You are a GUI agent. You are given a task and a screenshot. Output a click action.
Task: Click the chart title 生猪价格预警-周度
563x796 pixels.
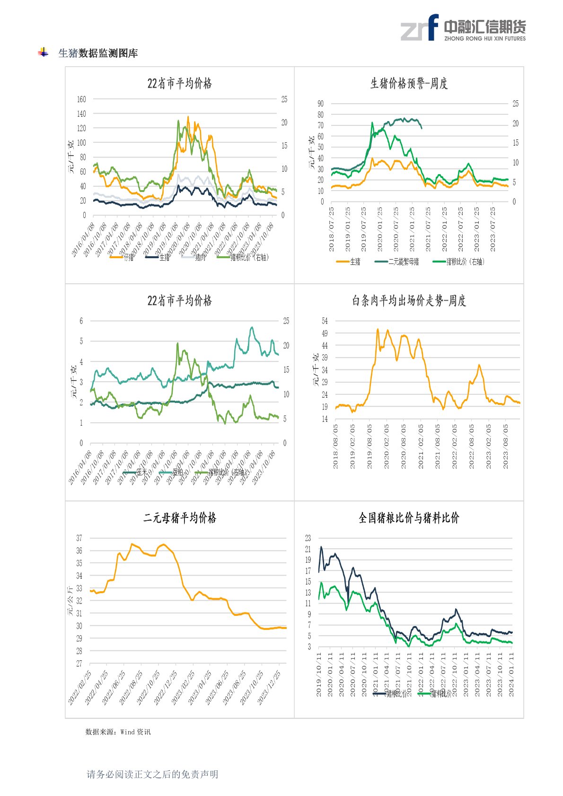point(409,84)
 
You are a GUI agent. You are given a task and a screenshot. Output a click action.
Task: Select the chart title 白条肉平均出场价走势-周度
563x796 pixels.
point(409,301)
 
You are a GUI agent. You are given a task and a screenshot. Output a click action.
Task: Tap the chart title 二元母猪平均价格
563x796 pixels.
point(180,518)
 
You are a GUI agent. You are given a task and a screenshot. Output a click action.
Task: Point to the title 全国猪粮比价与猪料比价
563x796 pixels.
point(409,518)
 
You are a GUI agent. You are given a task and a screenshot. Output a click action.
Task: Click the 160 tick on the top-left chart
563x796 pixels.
point(81,99)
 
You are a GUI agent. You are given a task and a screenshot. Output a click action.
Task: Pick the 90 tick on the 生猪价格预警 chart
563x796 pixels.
point(320,104)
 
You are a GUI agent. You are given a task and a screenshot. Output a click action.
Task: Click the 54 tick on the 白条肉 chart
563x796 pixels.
point(325,321)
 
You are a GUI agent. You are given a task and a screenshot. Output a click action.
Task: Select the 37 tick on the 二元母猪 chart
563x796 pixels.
point(79,538)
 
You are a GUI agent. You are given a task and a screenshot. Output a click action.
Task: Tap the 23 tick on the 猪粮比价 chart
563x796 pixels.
point(308,538)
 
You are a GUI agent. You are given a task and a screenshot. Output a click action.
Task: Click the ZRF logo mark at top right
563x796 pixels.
point(420,28)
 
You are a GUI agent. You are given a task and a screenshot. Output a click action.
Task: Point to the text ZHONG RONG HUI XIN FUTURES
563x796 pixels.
point(485,39)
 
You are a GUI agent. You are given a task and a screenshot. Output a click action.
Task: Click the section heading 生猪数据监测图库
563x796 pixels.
point(98,53)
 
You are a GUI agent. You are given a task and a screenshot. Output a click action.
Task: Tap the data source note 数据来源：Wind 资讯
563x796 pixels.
point(118,732)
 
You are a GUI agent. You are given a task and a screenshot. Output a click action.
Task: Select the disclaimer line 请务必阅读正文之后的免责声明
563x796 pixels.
point(152,774)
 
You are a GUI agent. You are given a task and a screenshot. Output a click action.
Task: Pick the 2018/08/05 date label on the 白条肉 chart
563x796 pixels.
point(335,446)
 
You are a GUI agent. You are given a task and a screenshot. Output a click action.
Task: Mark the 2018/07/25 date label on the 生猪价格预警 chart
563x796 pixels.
point(331,229)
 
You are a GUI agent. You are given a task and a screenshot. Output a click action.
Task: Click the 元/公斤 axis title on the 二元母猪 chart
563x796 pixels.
point(70,601)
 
